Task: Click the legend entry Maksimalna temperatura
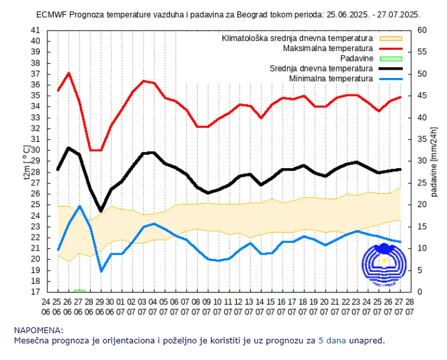[327, 48]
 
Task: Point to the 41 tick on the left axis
[36, 30]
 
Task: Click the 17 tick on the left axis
[36, 292]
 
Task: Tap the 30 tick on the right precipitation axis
[421, 160]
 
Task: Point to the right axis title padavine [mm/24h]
[434, 160]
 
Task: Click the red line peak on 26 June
[68, 73]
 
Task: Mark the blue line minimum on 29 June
[101, 271]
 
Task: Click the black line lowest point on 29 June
[101, 210]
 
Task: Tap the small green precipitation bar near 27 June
[79, 290]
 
